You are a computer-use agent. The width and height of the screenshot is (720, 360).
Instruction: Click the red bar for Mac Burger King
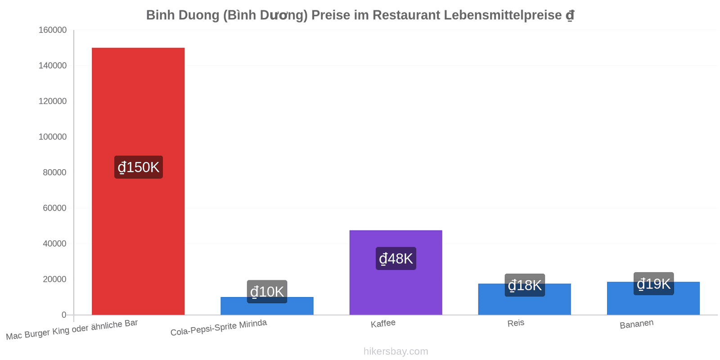tap(138, 181)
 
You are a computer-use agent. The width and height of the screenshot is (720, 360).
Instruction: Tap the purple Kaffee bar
tap(396, 273)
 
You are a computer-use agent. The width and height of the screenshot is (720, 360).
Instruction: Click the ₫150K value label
tap(139, 167)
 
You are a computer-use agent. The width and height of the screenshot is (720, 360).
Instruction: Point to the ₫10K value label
tap(267, 292)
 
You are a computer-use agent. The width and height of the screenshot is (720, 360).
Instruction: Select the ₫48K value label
tap(396, 258)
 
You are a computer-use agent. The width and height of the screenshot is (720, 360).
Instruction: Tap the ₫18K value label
tap(525, 285)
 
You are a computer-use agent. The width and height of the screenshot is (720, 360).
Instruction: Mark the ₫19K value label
tap(654, 283)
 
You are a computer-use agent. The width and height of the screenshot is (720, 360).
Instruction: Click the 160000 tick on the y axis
tap(53, 30)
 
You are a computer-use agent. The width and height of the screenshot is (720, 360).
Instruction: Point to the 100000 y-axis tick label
tap(53, 137)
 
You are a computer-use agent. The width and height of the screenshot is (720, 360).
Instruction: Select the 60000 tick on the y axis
tap(54, 208)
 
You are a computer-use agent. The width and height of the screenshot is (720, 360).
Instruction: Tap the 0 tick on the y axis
tap(64, 315)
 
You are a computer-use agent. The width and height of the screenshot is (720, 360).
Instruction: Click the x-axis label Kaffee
tap(383, 324)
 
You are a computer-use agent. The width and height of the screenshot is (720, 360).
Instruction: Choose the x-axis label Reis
tap(516, 323)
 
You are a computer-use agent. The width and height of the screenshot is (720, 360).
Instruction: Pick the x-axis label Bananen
tap(637, 324)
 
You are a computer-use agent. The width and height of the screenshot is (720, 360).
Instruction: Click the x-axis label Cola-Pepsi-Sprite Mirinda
tap(219, 328)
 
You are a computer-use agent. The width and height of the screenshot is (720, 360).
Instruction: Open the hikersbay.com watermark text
tap(396, 351)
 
